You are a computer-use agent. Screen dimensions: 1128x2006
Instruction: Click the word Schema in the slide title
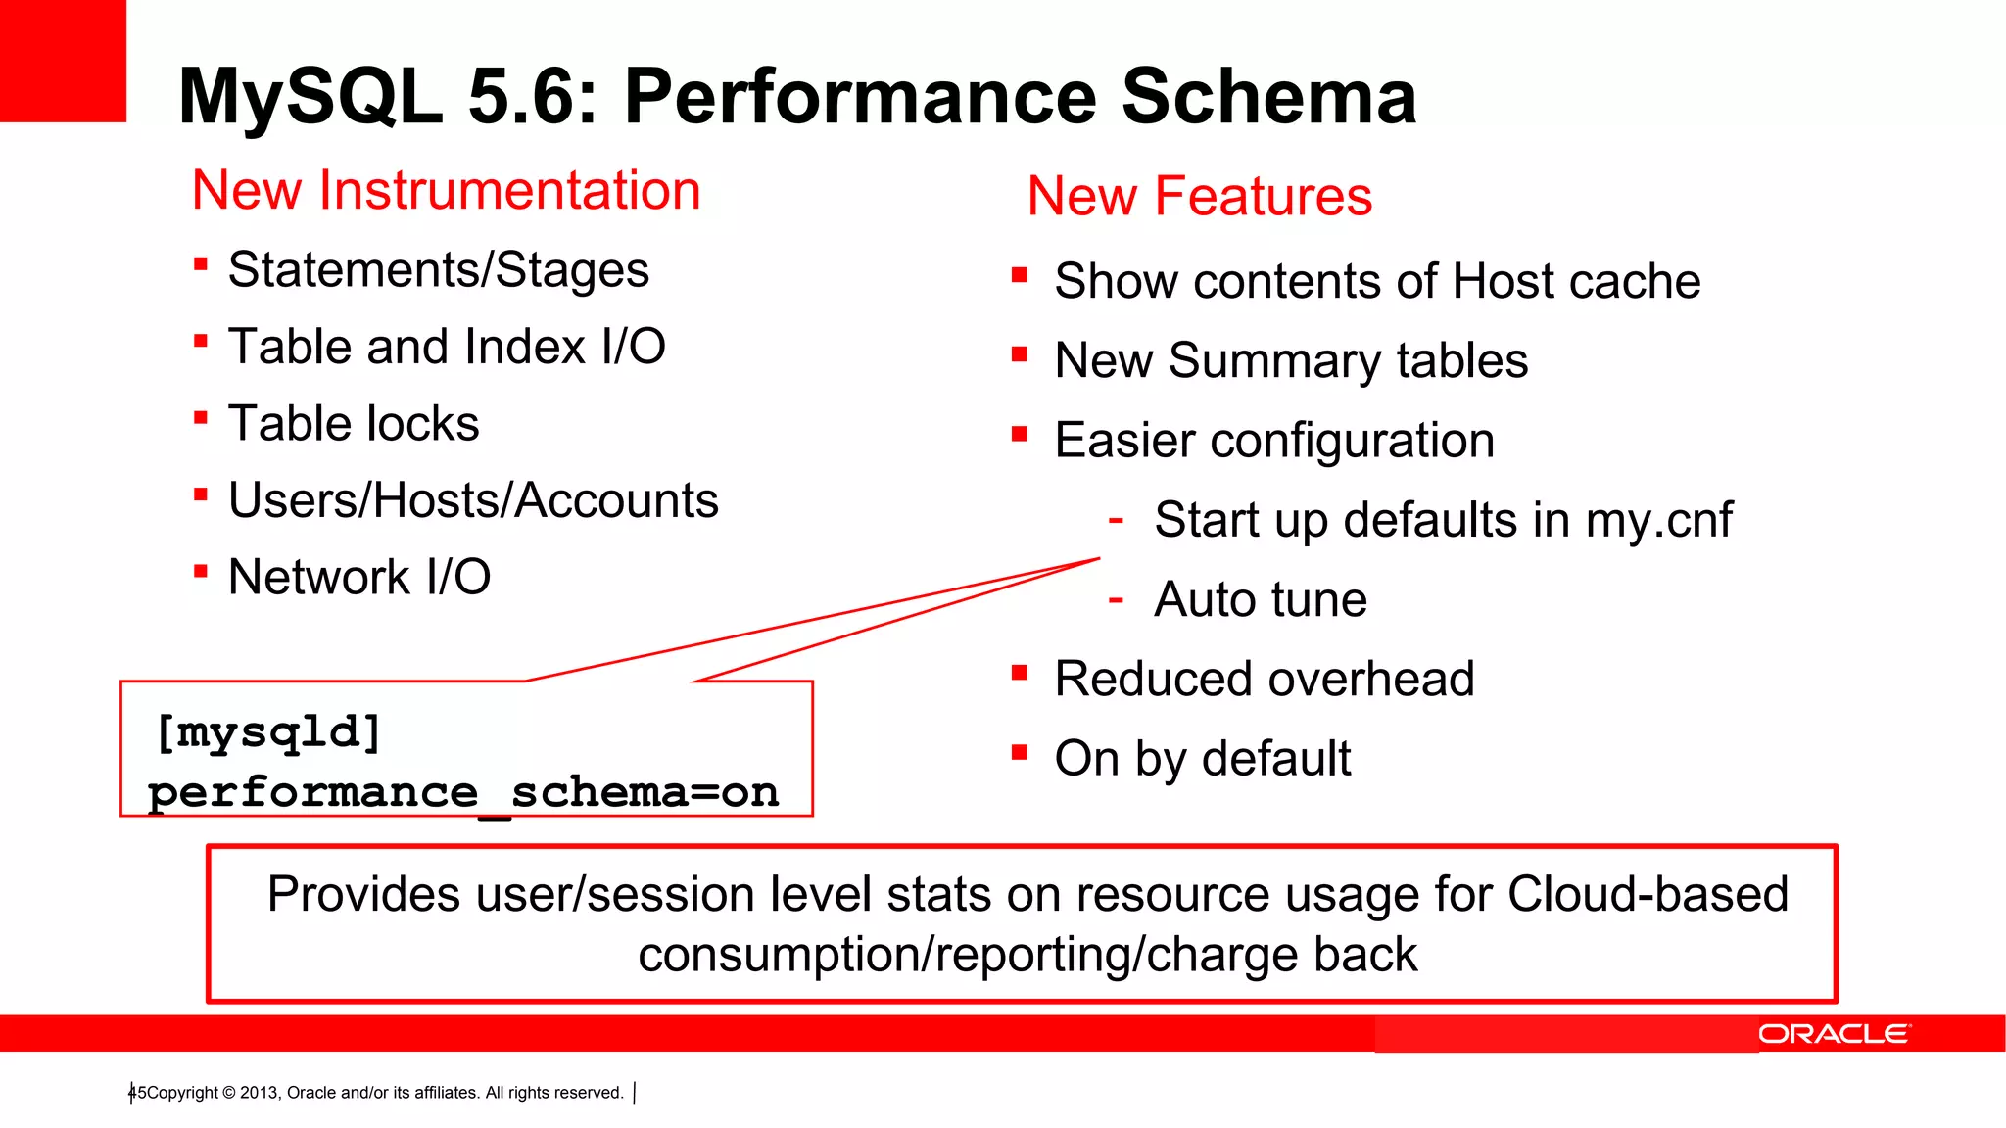[x=1268, y=97]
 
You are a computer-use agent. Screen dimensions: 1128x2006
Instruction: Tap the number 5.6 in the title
[x=533, y=97]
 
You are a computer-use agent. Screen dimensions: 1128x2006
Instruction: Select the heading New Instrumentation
[x=447, y=190]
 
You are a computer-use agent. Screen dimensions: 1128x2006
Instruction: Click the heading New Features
[x=1200, y=196]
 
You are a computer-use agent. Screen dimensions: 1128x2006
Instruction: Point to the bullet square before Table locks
[x=201, y=418]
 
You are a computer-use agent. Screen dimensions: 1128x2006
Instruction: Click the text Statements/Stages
[x=438, y=270]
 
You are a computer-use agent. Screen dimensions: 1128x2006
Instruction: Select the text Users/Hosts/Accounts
[x=473, y=500]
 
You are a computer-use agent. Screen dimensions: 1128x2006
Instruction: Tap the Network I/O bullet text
[x=358, y=577]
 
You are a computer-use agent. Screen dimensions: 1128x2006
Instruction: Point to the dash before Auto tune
[x=1115, y=598]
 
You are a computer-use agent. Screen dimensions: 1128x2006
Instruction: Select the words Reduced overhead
[x=1264, y=679]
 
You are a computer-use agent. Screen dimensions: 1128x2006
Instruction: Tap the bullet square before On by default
[x=1020, y=752]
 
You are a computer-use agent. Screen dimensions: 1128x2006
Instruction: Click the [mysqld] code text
[x=267, y=732]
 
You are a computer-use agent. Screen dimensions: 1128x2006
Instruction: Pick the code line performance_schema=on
[x=463, y=792]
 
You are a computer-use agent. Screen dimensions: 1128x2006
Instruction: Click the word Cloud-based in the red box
[x=1648, y=894]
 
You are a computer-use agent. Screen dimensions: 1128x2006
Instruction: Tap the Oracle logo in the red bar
[x=1833, y=1034]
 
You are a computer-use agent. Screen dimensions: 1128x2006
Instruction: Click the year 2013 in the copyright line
[x=259, y=1093]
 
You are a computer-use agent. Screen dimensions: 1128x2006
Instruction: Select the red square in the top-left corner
[x=63, y=61]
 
